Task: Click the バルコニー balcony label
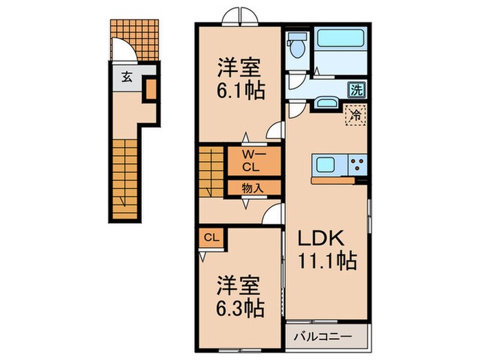click(324, 337)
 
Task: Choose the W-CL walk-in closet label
click(252, 160)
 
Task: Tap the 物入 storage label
click(252, 187)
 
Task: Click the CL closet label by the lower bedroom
click(213, 238)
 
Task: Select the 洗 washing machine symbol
click(357, 88)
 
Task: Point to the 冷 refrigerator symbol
click(356, 115)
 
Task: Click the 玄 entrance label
click(128, 76)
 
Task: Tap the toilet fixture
click(298, 47)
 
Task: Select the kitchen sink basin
click(325, 164)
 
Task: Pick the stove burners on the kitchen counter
click(357, 165)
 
